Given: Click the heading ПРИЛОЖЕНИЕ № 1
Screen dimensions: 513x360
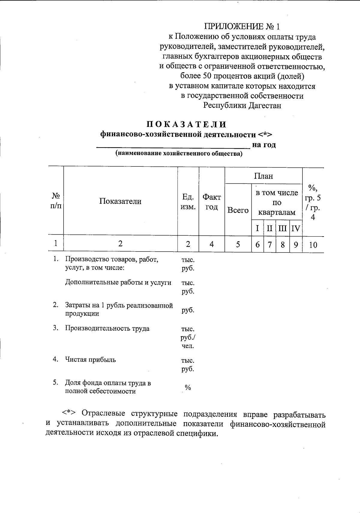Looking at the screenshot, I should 242,27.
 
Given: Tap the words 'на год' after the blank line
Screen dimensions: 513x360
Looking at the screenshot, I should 264,145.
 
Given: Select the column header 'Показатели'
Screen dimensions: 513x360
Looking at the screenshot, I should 120,201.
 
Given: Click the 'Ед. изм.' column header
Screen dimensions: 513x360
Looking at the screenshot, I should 188,201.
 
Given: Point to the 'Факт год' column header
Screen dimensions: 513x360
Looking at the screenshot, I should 211,201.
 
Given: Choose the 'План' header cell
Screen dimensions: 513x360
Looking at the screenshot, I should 263,176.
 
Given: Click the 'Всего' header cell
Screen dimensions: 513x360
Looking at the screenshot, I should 238,210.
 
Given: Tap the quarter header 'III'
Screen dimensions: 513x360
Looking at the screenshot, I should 283,228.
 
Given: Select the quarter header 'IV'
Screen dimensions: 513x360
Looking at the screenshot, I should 296,228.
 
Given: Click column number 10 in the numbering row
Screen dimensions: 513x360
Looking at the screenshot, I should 313,245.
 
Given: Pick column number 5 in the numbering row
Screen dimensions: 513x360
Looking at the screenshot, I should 238,244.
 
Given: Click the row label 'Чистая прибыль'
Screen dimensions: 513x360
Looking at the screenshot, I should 90,359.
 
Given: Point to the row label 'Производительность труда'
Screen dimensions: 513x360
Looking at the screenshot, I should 107,328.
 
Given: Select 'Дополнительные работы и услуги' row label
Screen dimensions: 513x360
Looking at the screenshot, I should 118,282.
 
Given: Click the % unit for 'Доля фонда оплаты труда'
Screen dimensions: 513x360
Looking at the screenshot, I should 188,387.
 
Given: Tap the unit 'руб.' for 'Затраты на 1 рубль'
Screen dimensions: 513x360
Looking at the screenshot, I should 188,310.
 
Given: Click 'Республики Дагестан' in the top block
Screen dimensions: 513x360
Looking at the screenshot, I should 242,106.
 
